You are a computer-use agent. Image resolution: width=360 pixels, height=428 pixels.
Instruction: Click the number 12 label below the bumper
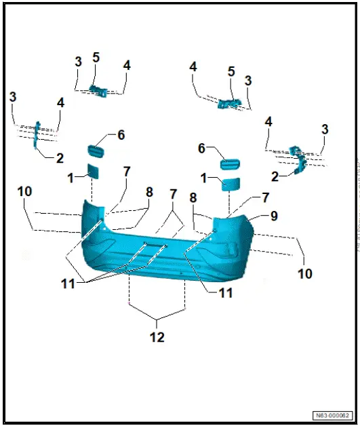tap(157, 336)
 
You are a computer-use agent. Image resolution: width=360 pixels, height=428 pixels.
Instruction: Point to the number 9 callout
tap(274, 216)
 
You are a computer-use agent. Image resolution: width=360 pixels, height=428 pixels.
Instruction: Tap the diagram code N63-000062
tap(332, 415)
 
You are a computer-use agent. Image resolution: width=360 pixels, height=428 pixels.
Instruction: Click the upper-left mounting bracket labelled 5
tap(98, 89)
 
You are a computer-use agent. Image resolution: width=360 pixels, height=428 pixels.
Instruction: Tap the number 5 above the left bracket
tap(96, 58)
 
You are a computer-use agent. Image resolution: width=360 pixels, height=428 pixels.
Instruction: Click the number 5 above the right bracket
tap(231, 71)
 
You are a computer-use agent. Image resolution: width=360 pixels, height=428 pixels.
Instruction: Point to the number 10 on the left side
tap(24, 192)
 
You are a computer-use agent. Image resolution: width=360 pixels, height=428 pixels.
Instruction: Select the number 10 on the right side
tap(305, 273)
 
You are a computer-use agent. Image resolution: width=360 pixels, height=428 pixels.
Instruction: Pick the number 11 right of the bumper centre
tap(226, 293)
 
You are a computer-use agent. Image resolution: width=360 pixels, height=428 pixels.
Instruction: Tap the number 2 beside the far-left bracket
tap(60, 159)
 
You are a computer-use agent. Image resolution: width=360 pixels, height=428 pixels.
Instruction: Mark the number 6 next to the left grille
tap(121, 135)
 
